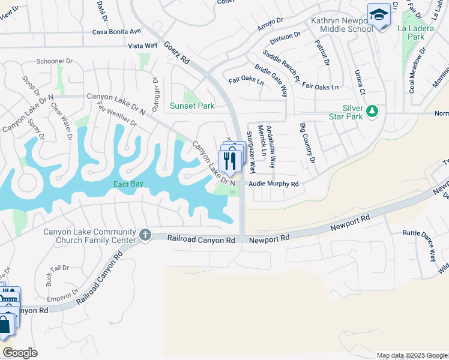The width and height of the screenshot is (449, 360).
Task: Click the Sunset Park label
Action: [x=191, y=106]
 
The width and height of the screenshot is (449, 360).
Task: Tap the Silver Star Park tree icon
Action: [x=373, y=111]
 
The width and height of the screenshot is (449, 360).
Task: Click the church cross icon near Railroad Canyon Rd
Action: [x=145, y=235]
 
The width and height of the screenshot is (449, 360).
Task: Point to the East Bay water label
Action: [x=128, y=184]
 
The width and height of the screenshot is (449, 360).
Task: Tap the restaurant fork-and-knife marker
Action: [x=230, y=161]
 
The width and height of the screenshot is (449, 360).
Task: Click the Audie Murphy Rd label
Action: [x=273, y=184]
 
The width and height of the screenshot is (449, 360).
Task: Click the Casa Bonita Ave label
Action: [x=116, y=31]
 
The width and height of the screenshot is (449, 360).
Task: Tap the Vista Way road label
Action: [x=142, y=46]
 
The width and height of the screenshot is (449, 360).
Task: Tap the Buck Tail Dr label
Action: [x=55, y=272]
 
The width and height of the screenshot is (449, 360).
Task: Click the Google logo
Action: [x=20, y=353]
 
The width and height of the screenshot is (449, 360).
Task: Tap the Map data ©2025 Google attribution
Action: [x=412, y=355]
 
